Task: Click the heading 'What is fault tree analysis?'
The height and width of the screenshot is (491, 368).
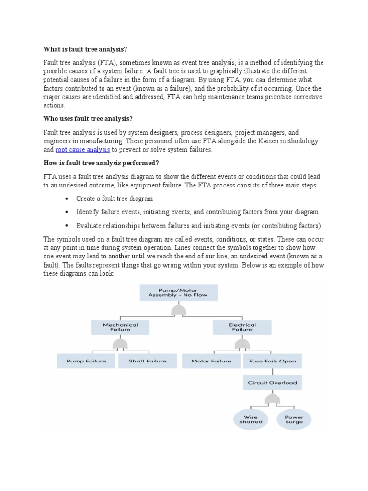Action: pyautogui.click(x=86, y=49)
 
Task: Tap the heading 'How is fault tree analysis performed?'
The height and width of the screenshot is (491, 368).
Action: pyautogui.click(x=101, y=163)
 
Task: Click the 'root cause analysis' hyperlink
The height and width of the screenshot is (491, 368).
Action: pyautogui.click(x=82, y=150)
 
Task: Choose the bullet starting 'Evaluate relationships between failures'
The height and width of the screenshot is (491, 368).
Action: pyautogui.click(x=198, y=225)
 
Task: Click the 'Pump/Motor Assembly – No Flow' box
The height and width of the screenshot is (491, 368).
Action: pyautogui.click(x=178, y=292)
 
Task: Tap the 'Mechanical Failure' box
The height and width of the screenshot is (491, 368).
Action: pyautogui.click(x=120, y=327)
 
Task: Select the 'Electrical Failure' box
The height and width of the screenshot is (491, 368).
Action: pyautogui.click(x=242, y=327)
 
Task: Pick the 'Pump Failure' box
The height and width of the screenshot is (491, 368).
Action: pyautogui.click(x=86, y=361)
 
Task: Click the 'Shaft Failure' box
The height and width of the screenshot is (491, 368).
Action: pyautogui.click(x=148, y=361)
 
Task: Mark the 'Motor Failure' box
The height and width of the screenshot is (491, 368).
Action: pyautogui.click(x=211, y=361)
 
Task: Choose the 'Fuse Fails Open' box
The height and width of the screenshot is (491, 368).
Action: pyautogui.click(x=272, y=361)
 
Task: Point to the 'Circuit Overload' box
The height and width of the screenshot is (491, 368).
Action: pyautogui.click(x=272, y=383)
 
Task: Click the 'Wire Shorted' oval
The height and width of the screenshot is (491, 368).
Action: pyautogui.click(x=251, y=420)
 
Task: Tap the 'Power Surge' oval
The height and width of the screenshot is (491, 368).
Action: pyautogui.click(x=294, y=420)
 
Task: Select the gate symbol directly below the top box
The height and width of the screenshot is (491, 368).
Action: pyautogui.click(x=178, y=311)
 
